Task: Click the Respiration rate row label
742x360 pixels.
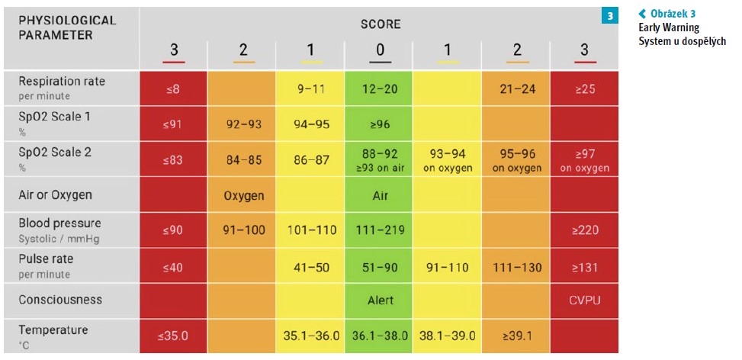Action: [x=63, y=88]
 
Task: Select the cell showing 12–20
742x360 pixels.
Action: [x=381, y=88]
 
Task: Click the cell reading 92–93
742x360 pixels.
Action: [x=243, y=124]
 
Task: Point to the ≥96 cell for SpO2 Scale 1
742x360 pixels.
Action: [x=381, y=124]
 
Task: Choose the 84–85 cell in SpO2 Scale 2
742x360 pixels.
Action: [x=243, y=159]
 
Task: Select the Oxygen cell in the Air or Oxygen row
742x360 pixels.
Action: [x=243, y=195]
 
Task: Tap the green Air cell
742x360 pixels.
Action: [x=381, y=195]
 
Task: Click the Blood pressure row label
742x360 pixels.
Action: [x=59, y=230]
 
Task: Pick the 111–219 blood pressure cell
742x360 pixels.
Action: [x=381, y=230]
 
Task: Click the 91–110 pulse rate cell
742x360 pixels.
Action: [x=448, y=266]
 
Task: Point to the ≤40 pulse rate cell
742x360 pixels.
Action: [x=173, y=266]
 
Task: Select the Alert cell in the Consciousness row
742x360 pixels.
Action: [x=381, y=301]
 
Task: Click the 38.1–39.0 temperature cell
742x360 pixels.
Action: [x=448, y=336]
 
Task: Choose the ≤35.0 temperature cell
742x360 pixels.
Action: [x=173, y=336]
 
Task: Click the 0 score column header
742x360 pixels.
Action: [x=381, y=50]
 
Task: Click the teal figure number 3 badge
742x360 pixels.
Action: [x=609, y=15]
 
